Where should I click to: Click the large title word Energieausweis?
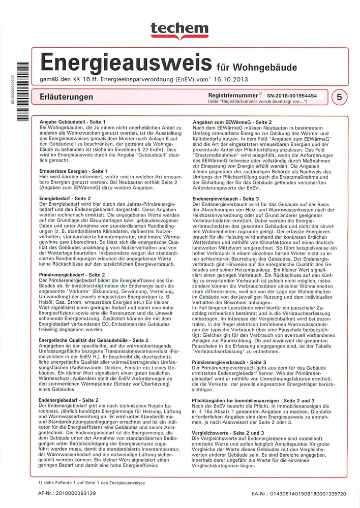[126, 63]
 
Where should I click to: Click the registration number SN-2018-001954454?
[292, 95]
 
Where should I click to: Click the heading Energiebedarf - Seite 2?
[65, 197]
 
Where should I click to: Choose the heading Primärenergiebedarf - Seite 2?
[72, 275]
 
